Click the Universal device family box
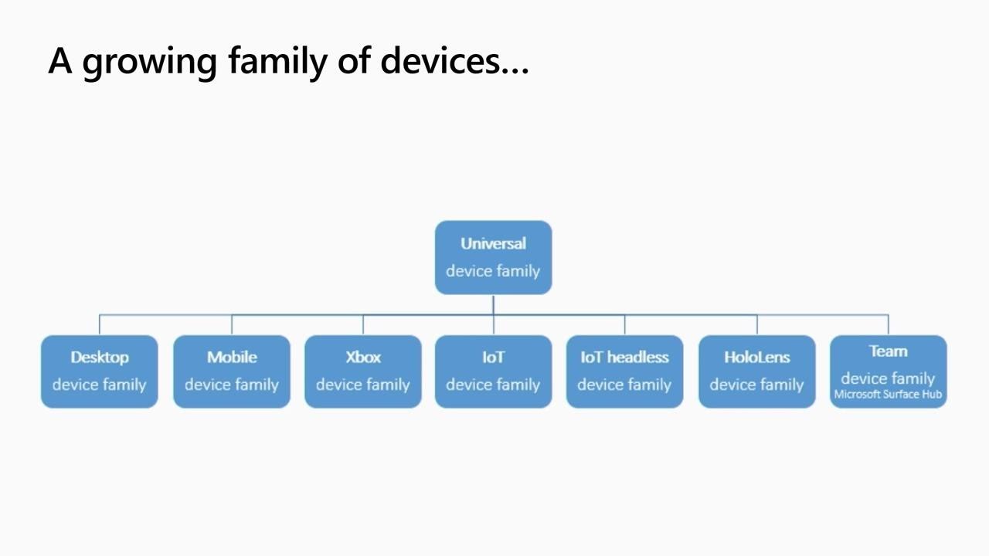(x=493, y=258)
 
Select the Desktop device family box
(x=99, y=371)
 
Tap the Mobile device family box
(x=232, y=371)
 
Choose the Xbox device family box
(x=363, y=371)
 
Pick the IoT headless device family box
(x=624, y=371)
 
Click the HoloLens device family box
(x=756, y=371)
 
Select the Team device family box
(x=888, y=371)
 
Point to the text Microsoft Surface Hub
(x=888, y=395)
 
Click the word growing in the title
(x=149, y=62)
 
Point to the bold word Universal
(x=493, y=244)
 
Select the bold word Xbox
(x=363, y=358)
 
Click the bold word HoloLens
(x=756, y=358)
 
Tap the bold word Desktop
(x=99, y=358)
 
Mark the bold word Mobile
(x=232, y=358)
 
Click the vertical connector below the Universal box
(x=493, y=304)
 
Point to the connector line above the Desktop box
(x=100, y=324)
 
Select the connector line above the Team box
(x=888, y=324)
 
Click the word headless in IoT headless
(x=638, y=358)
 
